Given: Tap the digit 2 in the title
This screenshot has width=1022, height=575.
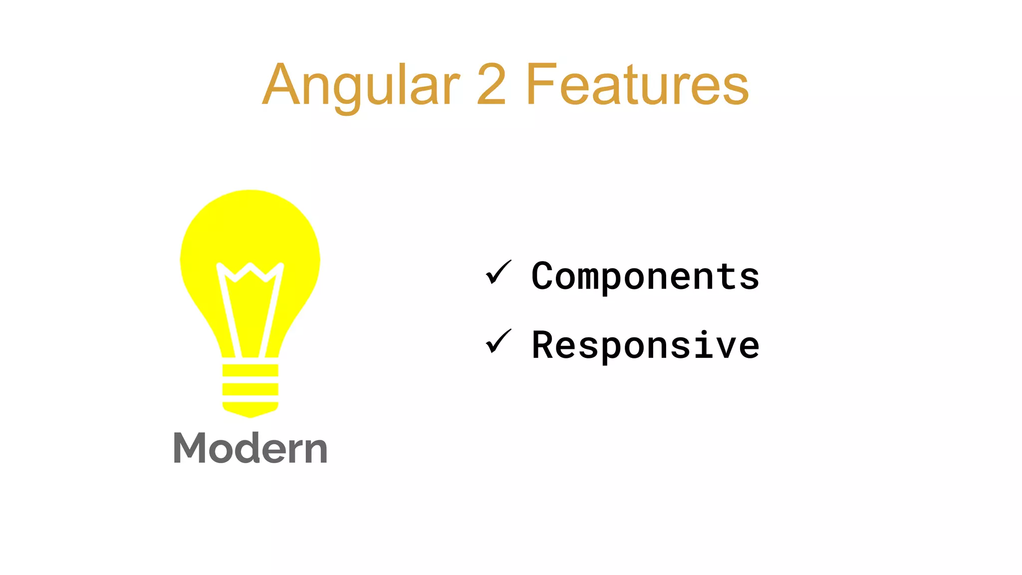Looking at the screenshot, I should click(492, 85).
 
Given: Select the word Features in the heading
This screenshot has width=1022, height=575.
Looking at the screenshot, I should click(637, 85).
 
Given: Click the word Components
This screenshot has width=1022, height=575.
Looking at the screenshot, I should click(645, 276).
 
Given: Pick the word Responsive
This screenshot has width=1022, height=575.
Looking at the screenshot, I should click(645, 345).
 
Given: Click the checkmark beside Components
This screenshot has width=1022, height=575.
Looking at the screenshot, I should click(498, 273).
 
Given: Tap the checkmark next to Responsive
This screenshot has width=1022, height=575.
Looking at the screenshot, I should click(498, 342).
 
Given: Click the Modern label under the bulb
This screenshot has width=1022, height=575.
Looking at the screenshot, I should click(250, 448).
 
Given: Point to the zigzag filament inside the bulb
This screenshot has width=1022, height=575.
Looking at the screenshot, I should click(250, 272).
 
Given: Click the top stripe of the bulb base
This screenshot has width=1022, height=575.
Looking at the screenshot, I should click(250, 370).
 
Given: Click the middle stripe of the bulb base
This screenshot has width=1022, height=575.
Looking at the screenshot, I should click(250, 389).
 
